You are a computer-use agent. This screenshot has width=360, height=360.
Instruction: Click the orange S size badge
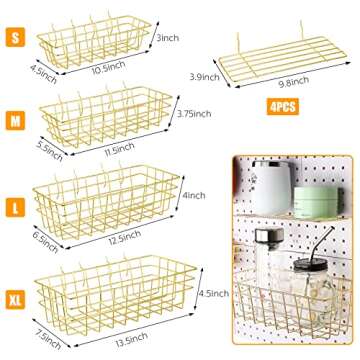coord(15,37)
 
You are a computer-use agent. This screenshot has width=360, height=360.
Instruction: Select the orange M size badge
coord(15,120)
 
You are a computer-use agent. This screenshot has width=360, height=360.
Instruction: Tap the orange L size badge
coord(15,207)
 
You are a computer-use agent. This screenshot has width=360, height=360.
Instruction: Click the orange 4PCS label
coord(283,107)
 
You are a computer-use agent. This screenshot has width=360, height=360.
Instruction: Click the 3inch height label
coord(168,38)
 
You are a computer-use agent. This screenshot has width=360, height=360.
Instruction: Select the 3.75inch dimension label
coord(193,114)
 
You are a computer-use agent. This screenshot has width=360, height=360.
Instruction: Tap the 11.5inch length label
coord(119,148)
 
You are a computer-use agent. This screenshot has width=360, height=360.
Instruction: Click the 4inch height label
coord(193,195)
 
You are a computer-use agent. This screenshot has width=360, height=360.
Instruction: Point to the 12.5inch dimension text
coord(125,237)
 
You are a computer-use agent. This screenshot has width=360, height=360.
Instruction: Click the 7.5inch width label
coord(48,339)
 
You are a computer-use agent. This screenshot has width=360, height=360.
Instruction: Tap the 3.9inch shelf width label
coord(204,77)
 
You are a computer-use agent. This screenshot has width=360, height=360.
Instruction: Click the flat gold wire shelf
coord(283,59)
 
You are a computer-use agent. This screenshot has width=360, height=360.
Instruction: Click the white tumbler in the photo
coord(271,189)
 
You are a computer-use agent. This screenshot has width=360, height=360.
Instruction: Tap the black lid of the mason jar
coord(310,265)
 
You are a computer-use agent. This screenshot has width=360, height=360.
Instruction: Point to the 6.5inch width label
coord(45,239)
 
